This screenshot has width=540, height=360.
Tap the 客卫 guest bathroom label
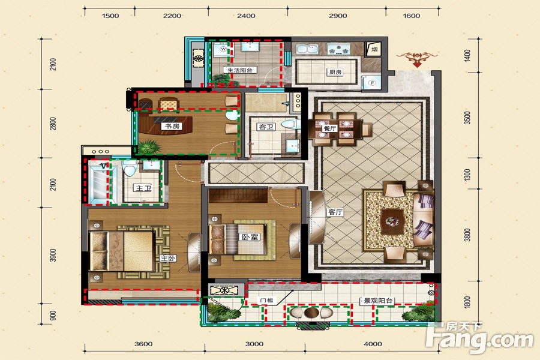tap(266, 127)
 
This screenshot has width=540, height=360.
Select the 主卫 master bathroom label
tap(143, 188)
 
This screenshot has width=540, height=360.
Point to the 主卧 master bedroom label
tap(168, 259)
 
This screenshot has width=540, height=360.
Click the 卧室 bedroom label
tap(250, 237)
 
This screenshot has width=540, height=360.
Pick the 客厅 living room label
tap(335, 212)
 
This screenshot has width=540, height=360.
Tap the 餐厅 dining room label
tap(330, 128)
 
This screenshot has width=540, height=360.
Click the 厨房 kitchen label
tap(335, 73)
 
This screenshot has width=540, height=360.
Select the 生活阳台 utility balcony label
tap(240, 70)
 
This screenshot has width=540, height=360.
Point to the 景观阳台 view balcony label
tap(377, 301)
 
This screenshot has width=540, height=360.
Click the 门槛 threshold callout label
tap(267, 301)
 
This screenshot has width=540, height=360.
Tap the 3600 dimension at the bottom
tap(143, 344)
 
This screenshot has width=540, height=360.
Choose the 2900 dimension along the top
tap(337, 16)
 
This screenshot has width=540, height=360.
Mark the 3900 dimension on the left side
tap(53, 255)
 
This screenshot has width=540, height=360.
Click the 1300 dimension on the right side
tap(467, 175)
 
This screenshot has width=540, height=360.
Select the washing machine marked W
tap(222, 50)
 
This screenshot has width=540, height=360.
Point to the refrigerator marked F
tap(371, 83)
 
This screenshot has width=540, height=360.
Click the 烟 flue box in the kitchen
tap(374, 49)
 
